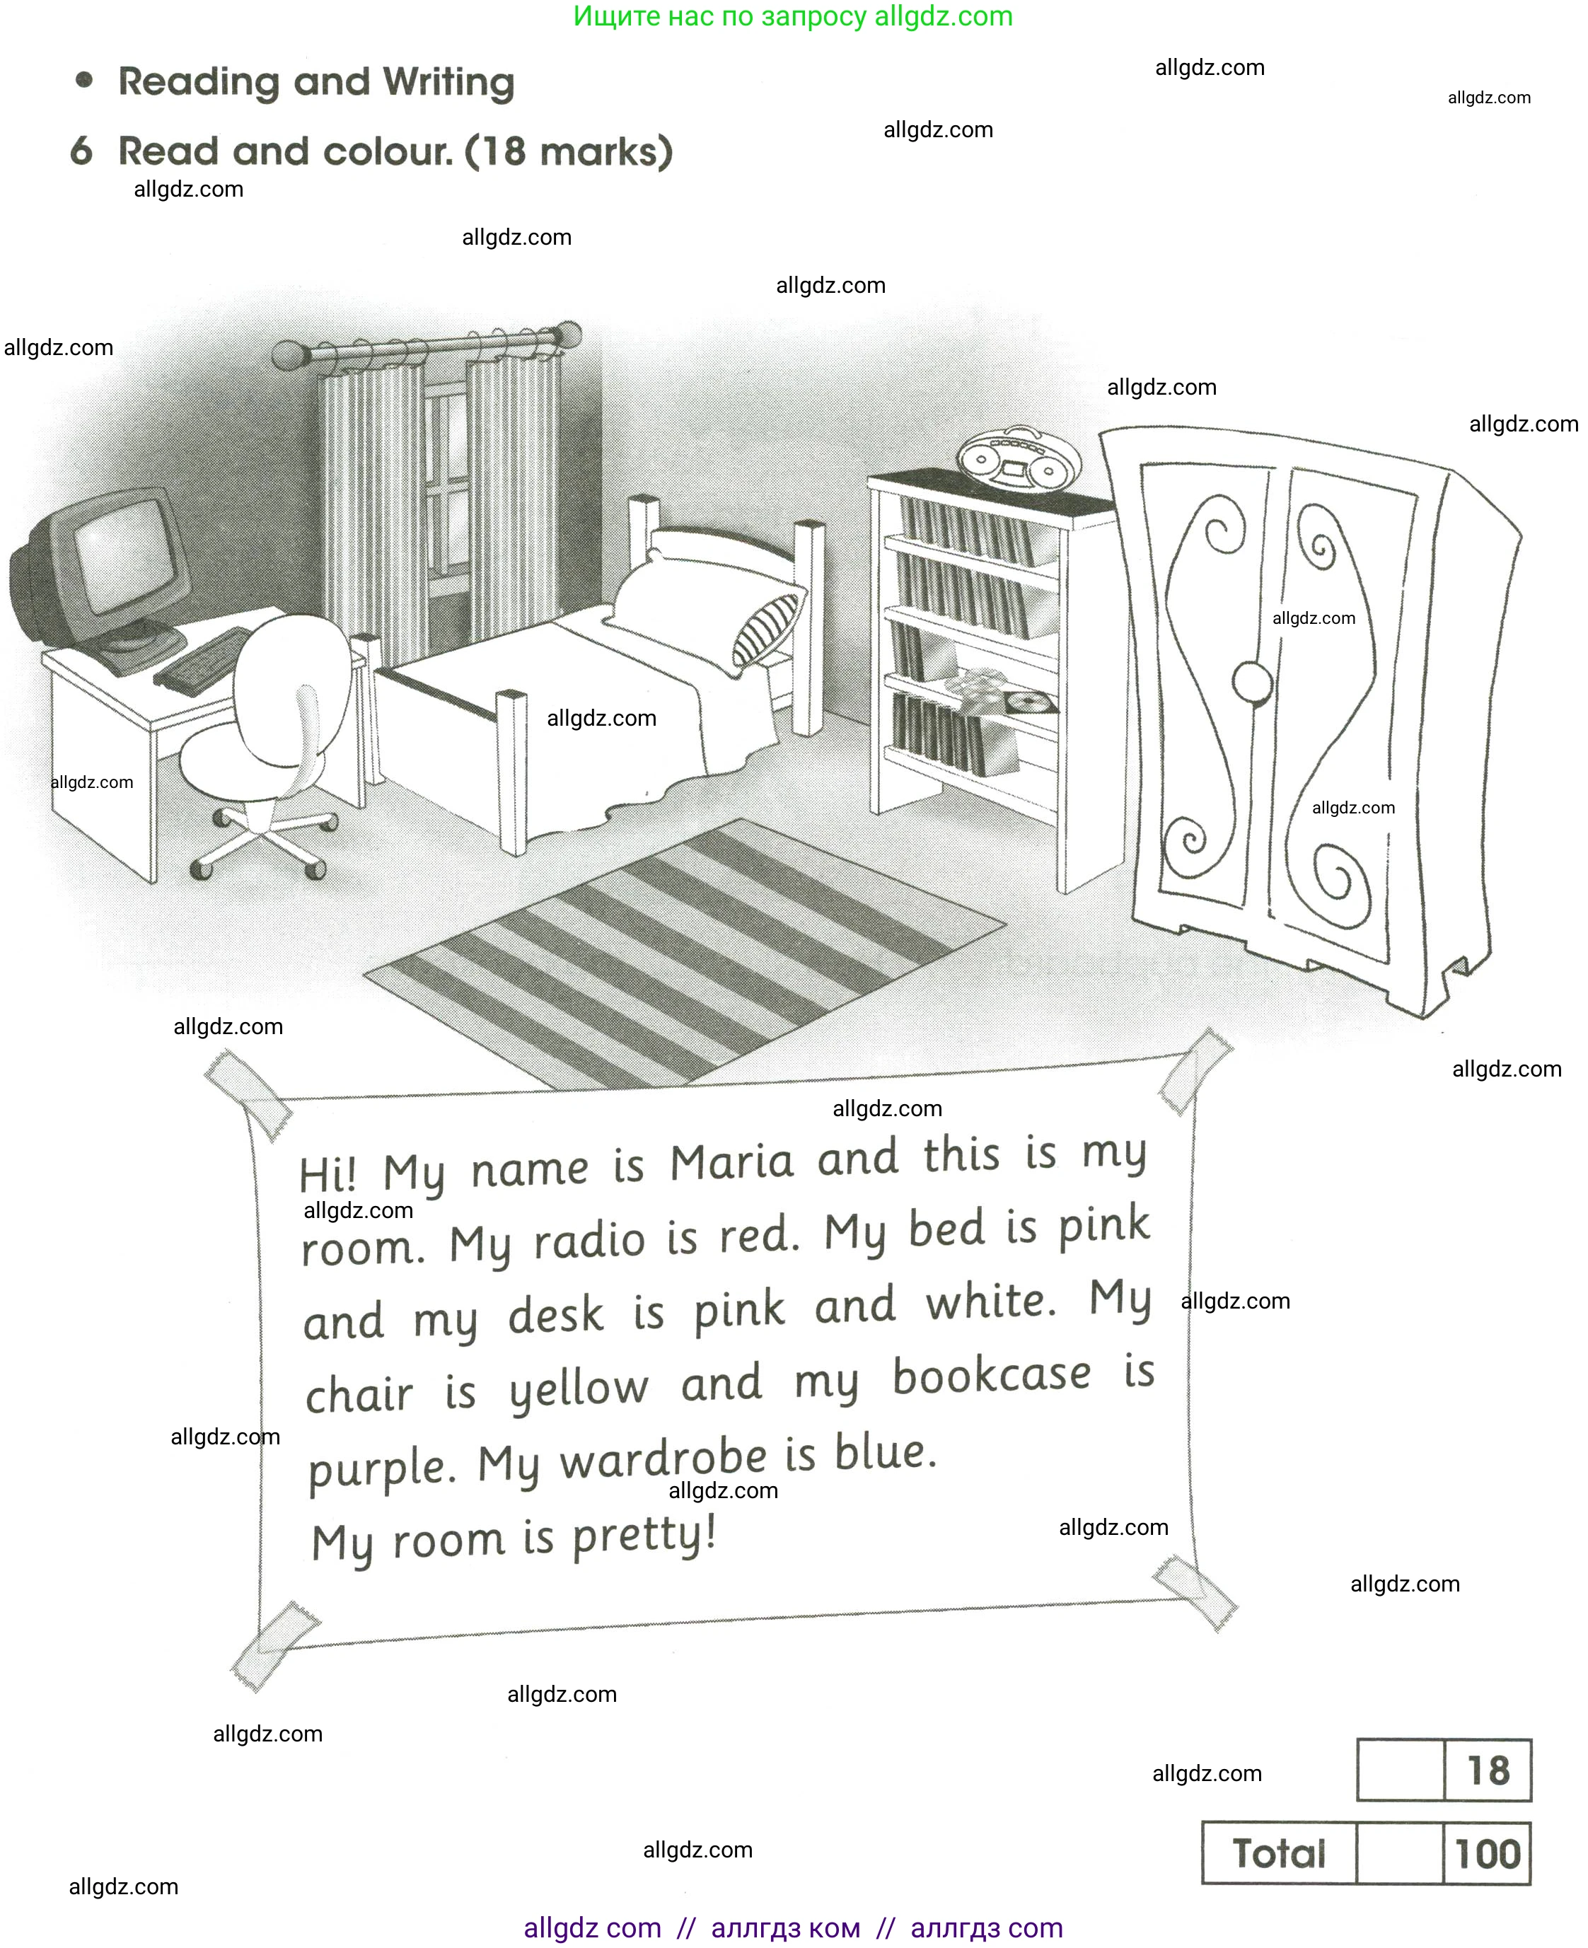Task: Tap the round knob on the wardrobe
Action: (x=1251, y=681)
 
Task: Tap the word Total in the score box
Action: (x=1278, y=1855)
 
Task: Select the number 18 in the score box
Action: (x=1488, y=1770)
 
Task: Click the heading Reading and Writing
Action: (x=315, y=82)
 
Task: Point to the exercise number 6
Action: (x=81, y=151)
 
